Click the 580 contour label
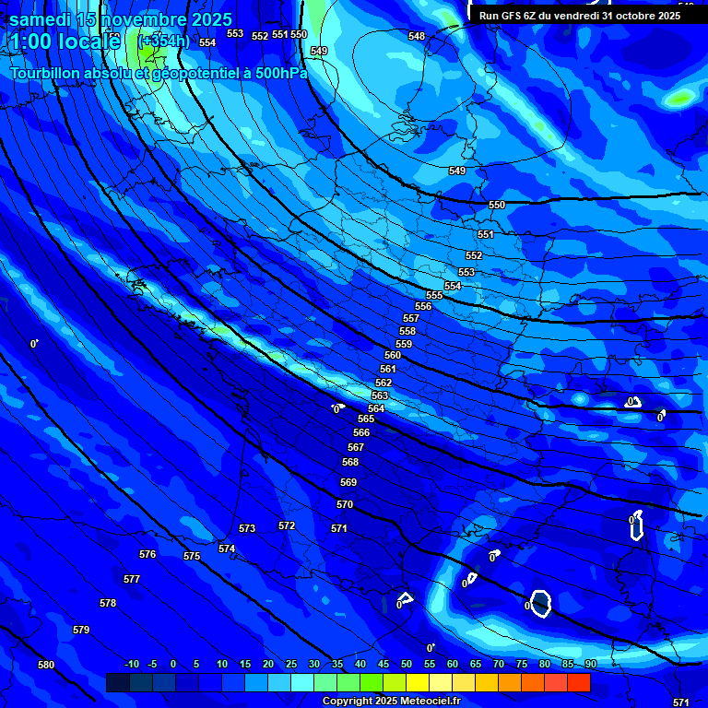[x=46, y=665]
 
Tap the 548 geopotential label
[x=417, y=36]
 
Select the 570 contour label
[x=345, y=504]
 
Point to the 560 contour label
[x=393, y=355]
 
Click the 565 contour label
[x=366, y=419]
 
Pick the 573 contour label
[x=247, y=528]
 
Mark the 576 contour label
[x=147, y=554]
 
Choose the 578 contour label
[x=108, y=603]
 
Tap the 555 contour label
[x=434, y=295]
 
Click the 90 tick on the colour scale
[x=590, y=665]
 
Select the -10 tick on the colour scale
[x=131, y=665]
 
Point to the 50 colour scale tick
[x=407, y=665]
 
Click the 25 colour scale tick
[x=291, y=665]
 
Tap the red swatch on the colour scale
[x=578, y=682]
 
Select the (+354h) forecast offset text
[x=163, y=41]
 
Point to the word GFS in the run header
[x=513, y=16]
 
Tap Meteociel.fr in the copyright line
[x=420, y=702]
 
